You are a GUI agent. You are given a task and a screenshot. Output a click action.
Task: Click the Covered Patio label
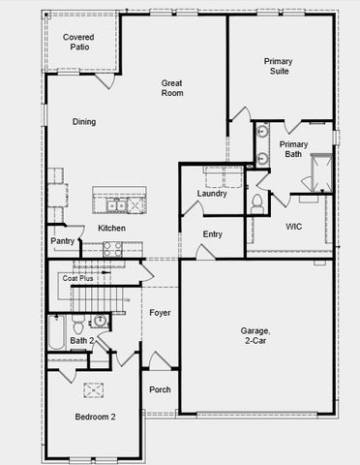[78, 42]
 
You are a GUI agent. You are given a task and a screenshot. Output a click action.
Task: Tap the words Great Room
[172, 88]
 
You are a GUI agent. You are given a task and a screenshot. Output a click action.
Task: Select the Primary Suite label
[279, 67]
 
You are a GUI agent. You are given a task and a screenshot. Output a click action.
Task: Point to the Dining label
[84, 122]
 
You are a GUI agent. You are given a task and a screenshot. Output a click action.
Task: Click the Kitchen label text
[111, 228]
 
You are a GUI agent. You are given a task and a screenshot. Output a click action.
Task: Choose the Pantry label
[63, 241]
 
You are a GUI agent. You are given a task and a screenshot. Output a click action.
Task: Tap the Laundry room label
[212, 194]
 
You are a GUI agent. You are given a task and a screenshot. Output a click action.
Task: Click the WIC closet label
[294, 226]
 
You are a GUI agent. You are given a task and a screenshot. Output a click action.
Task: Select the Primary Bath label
[293, 149]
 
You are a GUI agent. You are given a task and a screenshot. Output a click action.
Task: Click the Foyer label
[160, 312]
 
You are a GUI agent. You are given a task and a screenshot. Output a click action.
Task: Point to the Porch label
[160, 389]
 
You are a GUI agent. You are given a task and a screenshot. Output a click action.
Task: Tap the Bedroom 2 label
[96, 418]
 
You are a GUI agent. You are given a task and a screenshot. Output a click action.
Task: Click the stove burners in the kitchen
[112, 247]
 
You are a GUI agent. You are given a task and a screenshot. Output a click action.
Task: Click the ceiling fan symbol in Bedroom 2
[94, 389]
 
